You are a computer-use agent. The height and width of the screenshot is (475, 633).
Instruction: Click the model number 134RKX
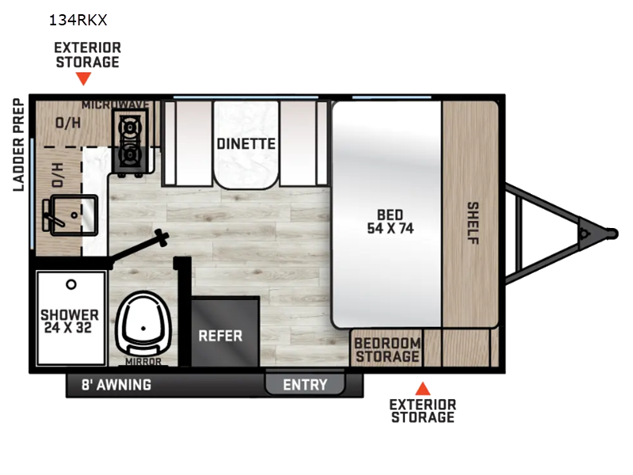tap(78, 20)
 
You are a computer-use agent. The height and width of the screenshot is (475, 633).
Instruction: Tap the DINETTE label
tap(246, 144)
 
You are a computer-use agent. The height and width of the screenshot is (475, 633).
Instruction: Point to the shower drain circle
tap(71, 285)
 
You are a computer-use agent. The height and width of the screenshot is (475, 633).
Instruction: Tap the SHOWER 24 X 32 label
tap(70, 321)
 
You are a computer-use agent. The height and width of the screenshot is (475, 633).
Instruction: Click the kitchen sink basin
tap(74, 215)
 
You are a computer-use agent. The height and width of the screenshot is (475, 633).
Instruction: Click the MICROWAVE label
tap(116, 104)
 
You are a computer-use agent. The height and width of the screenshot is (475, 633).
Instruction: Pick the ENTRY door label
tap(305, 385)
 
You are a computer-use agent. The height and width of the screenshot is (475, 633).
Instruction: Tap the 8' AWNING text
tap(116, 385)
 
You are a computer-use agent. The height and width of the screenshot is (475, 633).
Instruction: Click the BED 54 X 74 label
tap(390, 222)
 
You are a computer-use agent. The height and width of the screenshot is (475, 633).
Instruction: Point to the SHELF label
tap(472, 223)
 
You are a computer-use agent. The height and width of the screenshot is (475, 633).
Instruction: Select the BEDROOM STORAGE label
tap(388, 350)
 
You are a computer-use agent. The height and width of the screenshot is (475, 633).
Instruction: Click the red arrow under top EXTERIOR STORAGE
tap(84, 78)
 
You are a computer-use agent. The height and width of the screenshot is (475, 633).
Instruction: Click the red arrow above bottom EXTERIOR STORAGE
tap(423, 388)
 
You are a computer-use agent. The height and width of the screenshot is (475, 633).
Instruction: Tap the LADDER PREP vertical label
tap(18, 145)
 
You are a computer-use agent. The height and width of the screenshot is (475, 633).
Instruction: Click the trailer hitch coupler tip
tap(614, 234)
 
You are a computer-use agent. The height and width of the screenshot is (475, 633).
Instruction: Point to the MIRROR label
tap(143, 362)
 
